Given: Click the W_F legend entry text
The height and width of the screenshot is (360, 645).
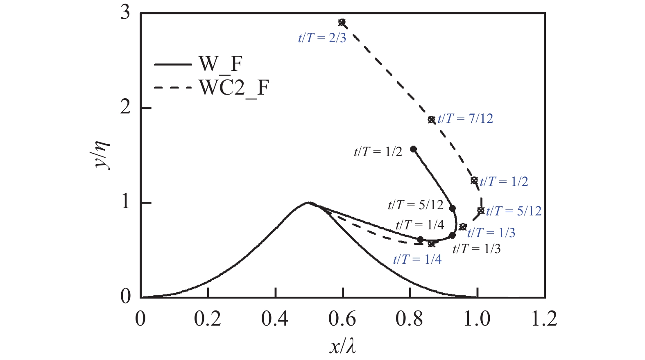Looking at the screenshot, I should (220, 64).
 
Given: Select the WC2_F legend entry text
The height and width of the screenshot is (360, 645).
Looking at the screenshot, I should (234, 87).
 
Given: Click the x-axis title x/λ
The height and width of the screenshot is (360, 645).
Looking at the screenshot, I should (342, 347).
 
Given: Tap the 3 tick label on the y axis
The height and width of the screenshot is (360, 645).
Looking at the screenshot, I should (125, 13).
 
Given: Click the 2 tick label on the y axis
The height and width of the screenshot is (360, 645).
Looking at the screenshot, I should (125, 108).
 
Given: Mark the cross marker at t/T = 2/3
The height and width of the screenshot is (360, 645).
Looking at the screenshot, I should (342, 22).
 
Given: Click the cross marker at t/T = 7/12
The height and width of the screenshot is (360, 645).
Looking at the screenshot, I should (431, 120).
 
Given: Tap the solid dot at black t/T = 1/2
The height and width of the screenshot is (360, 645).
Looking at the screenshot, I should (413, 149).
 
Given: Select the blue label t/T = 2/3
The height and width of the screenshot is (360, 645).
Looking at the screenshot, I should (322, 38).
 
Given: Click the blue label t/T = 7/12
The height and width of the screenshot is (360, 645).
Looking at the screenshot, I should (465, 119).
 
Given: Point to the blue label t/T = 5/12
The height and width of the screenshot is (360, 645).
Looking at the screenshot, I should (514, 211).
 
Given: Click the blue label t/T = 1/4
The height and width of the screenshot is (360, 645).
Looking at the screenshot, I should (417, 259).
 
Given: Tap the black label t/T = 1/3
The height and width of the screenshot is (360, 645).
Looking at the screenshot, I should (476, 249).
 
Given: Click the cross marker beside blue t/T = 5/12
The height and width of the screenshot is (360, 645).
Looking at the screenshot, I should (481, 211).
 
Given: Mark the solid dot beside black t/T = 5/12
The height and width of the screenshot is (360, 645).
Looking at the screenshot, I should (453, 208).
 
